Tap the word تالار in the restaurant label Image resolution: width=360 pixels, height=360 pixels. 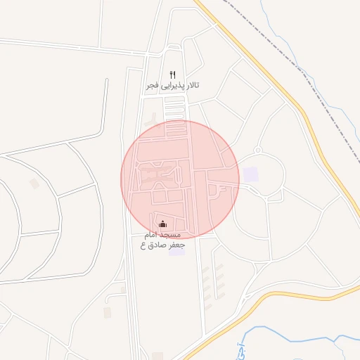189,85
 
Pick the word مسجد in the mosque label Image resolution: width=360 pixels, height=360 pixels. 172,233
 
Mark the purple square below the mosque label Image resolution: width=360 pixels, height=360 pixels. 176,252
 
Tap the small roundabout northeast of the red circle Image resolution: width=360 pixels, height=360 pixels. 257,150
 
